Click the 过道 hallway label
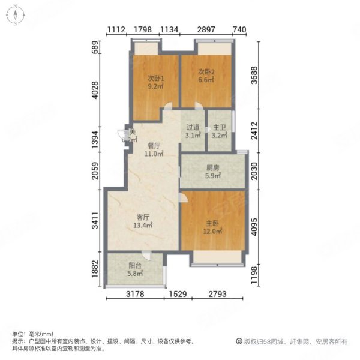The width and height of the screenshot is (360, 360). coord(193,127)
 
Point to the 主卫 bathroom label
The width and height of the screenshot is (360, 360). coord(220,127)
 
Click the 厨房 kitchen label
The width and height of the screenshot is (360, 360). coord(214,169)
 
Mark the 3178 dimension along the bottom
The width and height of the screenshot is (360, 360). coord(137,294)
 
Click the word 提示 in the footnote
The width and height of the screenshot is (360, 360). coord(17,340)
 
